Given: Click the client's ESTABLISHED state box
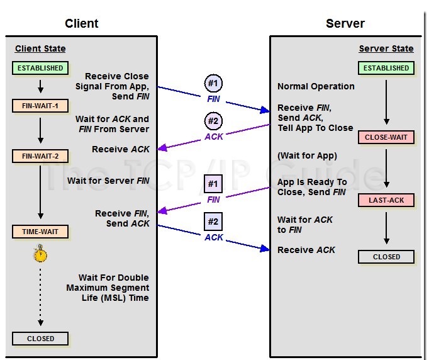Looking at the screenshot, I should tap(40, 68).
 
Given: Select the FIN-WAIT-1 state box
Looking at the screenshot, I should tap(40, 106).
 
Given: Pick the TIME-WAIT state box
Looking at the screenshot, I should tap(40, 232).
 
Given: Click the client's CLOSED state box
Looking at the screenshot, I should tap(40, 339).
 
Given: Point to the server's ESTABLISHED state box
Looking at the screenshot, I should tap(386, 68).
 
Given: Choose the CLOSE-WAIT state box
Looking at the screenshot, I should tap(386, 137).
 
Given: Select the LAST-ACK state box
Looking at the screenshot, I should tap(386, 200).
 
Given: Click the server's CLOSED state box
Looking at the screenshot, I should tap(386, 257).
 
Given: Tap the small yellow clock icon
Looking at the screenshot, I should tap(40, 254).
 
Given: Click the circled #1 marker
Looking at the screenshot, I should tap(213, 83).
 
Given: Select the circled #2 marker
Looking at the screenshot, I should tap(213, 121).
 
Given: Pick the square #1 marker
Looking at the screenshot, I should tap(213, 184).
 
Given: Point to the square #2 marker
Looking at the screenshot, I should tap(213, 222).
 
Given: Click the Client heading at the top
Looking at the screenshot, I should tap(82, 24).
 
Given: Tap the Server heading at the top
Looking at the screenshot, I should tap(345, 24).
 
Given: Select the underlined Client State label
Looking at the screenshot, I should tap(40, 48).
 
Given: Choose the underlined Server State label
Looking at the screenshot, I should tap(386, 48).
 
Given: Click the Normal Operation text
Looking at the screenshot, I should tap(316, 86).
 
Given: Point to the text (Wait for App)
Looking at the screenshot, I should tap(307, 156).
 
